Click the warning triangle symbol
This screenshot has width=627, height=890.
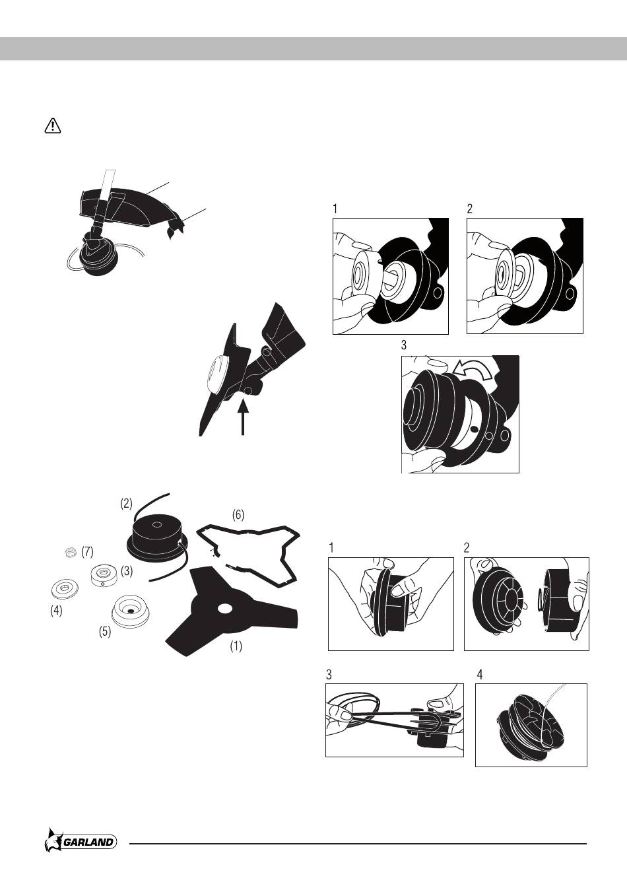52,125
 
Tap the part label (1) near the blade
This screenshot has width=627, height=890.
236,646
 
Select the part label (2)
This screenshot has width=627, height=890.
126,503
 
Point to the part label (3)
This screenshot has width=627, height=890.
127,570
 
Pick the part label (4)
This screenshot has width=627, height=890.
57,611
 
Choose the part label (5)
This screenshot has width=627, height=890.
105,631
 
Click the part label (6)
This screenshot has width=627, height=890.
238,514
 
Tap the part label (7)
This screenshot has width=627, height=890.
86,551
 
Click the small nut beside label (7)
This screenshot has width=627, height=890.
69,553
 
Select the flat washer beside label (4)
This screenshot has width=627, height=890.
65,587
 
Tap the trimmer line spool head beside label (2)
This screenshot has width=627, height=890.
155,536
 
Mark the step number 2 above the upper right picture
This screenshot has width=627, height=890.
470,209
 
